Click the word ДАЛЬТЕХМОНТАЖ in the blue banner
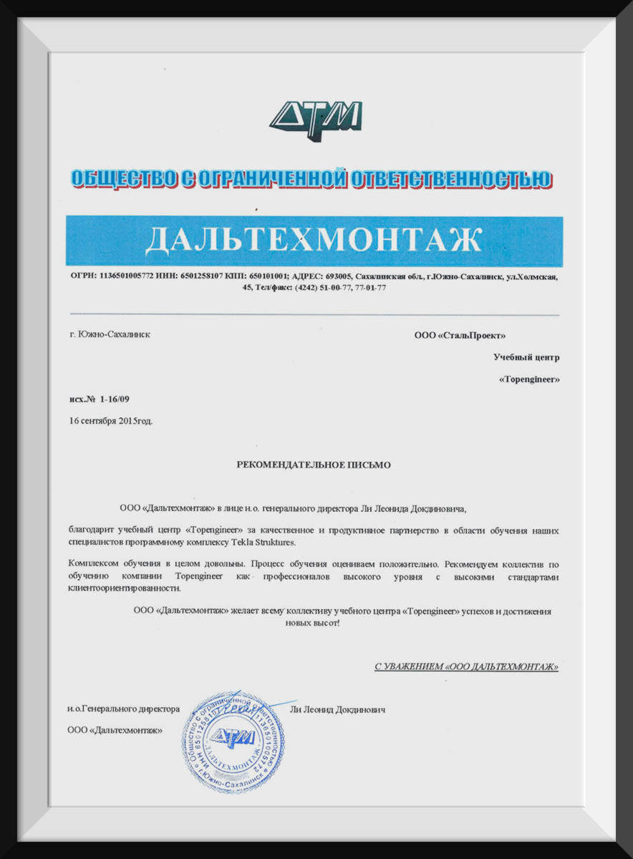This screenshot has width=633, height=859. (314, 241)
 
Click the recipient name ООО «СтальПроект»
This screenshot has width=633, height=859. (460, 335)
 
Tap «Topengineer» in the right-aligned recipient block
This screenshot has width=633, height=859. (528, 379)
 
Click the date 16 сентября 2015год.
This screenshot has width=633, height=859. (111, 421)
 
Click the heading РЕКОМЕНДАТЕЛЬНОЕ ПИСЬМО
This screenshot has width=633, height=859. (314, 465)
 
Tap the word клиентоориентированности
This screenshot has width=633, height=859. (120, 588)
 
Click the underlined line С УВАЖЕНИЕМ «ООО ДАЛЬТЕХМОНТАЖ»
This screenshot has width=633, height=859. (466, 666)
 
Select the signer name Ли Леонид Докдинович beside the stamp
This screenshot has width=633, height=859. (338, 709)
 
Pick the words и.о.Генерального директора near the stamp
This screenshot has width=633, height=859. (122, 709)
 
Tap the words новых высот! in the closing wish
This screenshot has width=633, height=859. (312, 623)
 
